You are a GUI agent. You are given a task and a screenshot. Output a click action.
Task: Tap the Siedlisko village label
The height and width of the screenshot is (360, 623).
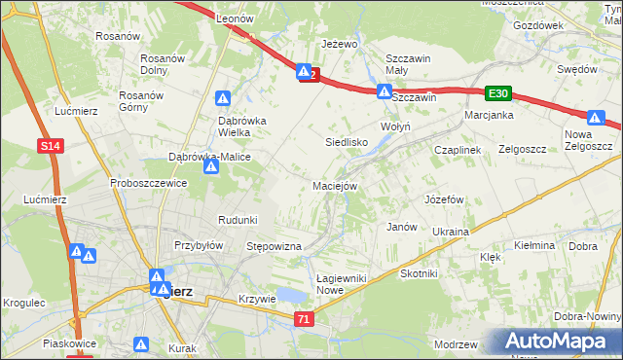coord(345,142)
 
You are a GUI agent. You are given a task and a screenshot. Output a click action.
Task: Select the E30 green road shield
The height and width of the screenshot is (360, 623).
coord(498,92)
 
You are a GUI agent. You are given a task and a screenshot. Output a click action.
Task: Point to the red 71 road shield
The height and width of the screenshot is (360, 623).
coord(306,318)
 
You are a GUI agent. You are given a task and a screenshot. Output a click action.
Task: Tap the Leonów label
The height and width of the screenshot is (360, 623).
coord(235,18)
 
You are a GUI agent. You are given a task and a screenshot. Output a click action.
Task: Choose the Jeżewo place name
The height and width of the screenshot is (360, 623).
coord(341,44)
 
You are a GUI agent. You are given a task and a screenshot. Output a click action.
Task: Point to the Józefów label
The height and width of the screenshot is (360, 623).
coord(443,198)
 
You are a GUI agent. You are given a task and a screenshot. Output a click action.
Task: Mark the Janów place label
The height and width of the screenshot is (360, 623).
coord(402,227)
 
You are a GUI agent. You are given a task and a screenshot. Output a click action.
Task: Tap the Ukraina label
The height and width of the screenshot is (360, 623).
coord(451,232)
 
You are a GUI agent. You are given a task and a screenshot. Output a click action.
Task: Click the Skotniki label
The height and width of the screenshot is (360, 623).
coord(419,273)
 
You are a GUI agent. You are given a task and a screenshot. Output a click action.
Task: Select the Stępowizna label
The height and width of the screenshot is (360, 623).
coord(274,247)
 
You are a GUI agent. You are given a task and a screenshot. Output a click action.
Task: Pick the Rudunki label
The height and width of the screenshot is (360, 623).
coord(238,219)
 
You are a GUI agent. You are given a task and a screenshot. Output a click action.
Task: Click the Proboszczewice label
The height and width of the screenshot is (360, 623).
coord(148,183)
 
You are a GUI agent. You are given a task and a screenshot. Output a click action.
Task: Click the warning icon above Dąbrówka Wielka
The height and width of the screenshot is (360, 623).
coord(223,98)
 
